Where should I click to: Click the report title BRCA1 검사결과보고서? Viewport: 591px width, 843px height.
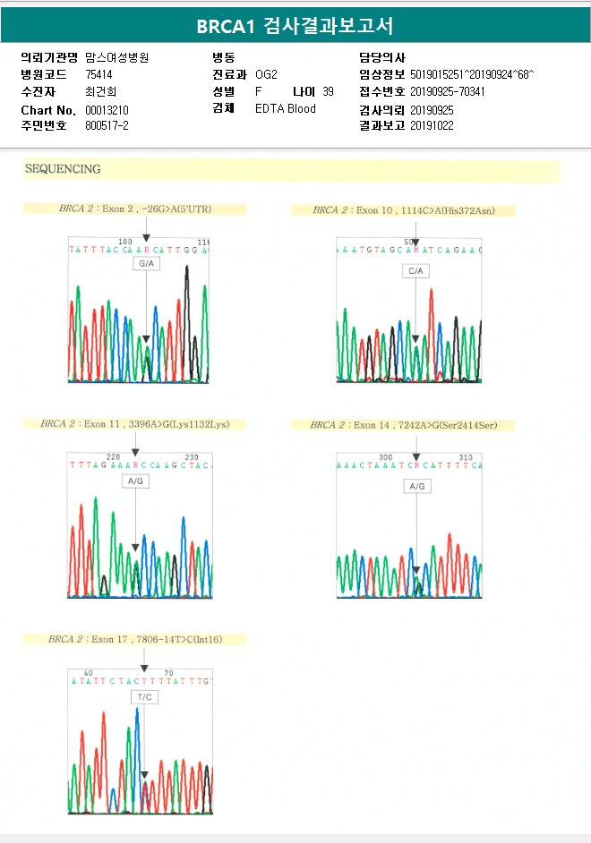click(x=295, y=26)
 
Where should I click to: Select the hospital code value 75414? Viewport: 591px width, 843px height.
click(x=100, y=74)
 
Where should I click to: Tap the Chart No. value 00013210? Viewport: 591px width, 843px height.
click(x=107, y=109)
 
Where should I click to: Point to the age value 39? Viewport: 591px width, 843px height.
click(x=328, y=91)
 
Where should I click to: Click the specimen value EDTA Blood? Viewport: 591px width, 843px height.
click(x=286, y=109)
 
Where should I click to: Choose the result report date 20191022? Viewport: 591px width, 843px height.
click(x=433, y=125)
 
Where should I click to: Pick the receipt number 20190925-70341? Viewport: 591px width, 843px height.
click(x=448, y=91)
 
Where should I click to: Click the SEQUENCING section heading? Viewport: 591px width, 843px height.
click(x=63, y=169)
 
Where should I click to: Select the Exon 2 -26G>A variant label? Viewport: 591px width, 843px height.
click(x=148, y=209)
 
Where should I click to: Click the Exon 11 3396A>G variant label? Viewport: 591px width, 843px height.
click(x=142, y=423)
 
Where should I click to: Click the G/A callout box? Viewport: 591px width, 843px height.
click(x=146, y=265)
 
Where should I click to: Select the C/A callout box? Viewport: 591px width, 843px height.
click(x=416, y=270)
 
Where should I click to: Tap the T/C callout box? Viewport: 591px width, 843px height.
click(x=143, y=695)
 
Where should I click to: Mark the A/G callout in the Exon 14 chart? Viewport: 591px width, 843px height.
click(x=416, y=486)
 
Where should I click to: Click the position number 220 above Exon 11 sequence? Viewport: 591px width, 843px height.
click(x=114, y=456)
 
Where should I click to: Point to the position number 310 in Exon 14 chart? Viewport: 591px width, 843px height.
click(x=466, y=457)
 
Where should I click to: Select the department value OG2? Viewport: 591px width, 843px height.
click(x=266, y=74)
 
